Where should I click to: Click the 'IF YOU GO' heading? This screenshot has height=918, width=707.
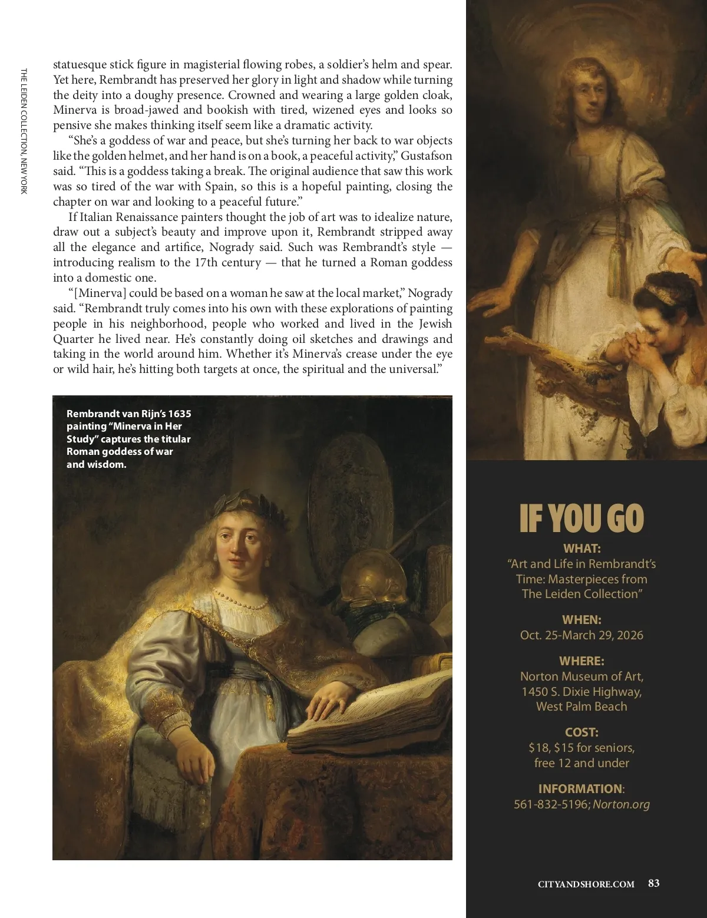pos(582,519)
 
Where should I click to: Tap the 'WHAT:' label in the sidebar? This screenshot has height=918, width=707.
pos(582,549)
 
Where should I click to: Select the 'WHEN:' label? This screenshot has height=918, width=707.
pos(582,620)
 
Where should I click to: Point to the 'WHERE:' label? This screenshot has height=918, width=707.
pos(582,661)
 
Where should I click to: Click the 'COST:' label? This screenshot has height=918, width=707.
pos(582,732)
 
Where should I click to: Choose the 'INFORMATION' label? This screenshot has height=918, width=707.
pos(580,789)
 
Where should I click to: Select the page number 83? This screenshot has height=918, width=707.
pos(653,883)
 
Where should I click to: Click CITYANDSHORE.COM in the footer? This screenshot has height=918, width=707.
pos(586,884)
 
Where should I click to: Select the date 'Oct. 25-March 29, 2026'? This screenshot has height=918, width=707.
pos(582,635)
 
